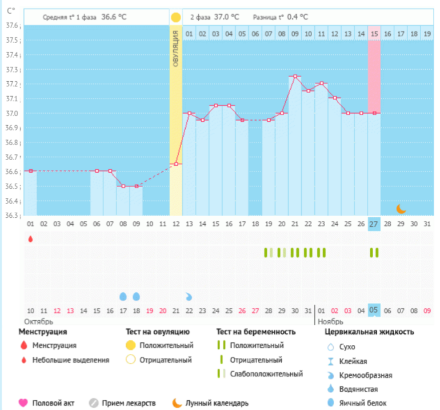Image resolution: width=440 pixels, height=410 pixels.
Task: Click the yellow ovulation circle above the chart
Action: [x=175, y=17]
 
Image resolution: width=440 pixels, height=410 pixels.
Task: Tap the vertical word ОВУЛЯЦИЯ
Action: [x=175, y=51]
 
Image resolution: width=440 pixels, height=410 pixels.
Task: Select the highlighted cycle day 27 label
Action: [x=374, y=224]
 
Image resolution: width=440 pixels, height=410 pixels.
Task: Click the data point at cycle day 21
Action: [x=295, y=76]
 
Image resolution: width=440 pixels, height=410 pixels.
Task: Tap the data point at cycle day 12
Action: [x=175, y=164]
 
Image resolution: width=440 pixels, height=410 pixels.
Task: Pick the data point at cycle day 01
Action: [x=30, y=170]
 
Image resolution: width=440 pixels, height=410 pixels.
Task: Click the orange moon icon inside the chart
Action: [x=401, y=209]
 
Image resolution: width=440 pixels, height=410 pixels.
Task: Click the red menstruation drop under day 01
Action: [x=30, y=238]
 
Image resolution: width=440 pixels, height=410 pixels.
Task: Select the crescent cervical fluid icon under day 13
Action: [x=189, y=296]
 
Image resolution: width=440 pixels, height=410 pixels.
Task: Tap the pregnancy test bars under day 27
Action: [x=374, y=252]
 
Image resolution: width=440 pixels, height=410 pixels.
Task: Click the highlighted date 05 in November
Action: [x=374, y=311]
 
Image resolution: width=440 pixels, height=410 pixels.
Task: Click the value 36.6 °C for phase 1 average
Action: [x=114, y=17]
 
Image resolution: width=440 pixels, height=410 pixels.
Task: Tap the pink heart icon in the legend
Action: [x=23, y=403]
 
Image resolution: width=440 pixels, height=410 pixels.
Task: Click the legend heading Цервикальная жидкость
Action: [x=369, y=332]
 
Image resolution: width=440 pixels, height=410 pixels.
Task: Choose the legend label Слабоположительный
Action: [x=266, y=374]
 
